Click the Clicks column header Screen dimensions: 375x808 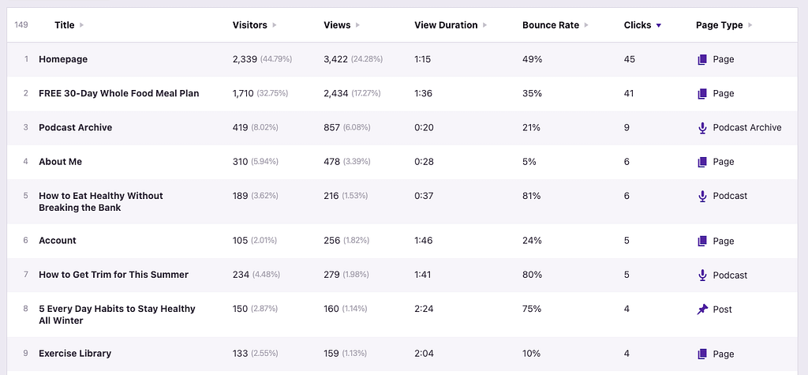point(637,25)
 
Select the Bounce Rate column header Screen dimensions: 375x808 point(550,25)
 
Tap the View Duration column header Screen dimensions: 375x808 point(446,25)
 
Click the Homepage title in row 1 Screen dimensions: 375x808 point(63,59)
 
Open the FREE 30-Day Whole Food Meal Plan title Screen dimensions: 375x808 point(118,93)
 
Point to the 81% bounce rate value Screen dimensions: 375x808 point(532,196)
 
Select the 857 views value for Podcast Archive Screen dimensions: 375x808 point(332,127)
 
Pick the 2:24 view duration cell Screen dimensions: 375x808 point(424,309)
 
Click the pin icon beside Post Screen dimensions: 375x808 point(702,309)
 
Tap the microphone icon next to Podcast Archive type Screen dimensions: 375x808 point(702,128)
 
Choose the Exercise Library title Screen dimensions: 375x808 point(75,354)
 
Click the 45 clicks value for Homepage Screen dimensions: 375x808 point(629,59)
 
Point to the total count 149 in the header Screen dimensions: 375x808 point(21,25)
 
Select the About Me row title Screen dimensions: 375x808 point(60,162)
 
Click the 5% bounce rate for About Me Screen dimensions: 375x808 point(529,162)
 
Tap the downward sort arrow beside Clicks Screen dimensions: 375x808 point(659,26)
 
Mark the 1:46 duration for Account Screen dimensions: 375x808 point(424,241)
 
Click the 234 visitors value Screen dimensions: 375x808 point(241,275)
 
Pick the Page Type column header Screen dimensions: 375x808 point(719,25)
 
